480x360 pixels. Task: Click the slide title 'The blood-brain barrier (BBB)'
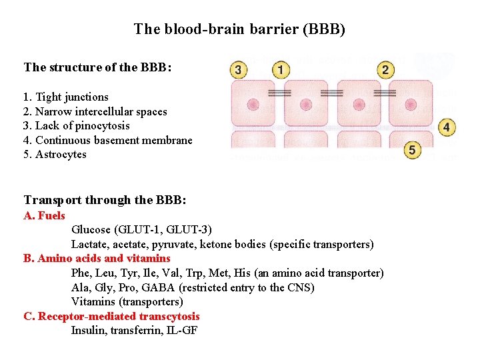239,29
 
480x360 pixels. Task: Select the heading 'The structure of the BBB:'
98,67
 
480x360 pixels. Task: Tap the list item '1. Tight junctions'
65,97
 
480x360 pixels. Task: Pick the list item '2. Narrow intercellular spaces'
95,111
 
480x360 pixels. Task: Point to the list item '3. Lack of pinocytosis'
76,126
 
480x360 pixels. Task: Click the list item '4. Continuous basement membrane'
107,140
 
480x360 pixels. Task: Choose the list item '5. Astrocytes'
55,155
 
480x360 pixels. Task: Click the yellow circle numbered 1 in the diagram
281,69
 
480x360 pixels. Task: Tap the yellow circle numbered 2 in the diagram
385,69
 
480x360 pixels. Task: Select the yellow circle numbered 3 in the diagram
237,69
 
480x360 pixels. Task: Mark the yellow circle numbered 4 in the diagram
447,127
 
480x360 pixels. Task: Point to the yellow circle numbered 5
412,151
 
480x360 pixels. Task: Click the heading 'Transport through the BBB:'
105,200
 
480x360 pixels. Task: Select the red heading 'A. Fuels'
44,215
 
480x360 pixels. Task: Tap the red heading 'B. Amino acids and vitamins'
97,259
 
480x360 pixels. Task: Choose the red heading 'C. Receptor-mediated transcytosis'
111,317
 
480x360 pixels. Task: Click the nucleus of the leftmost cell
253,105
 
